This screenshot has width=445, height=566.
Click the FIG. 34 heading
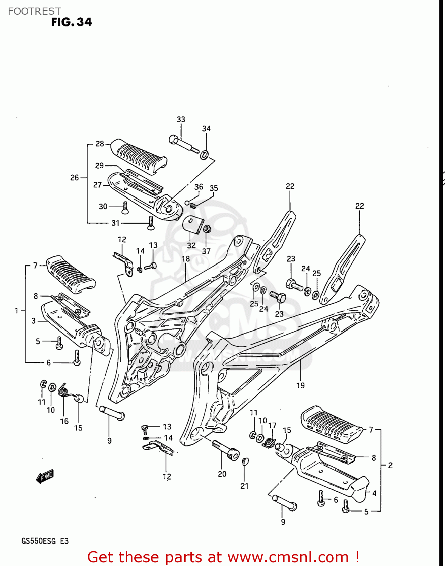(x=71, y=22)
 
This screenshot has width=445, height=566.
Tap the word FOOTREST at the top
(x=34, y=11)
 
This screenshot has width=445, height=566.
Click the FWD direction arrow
(x=45, y=476)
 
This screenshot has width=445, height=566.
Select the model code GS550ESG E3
(x=45, y=541)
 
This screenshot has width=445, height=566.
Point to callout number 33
(x=181, y=120)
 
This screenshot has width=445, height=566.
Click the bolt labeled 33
(x=183, y=145)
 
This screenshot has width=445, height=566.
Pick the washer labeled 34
(x=205, y=154)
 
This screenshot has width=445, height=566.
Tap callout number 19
(x=300, y=385)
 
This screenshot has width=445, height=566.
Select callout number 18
(x=185, y=259)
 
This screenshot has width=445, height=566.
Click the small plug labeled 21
(x=245, y=461)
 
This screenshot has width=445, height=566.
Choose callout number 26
(x=75, y=177)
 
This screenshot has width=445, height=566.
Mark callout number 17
(x=272, y=426)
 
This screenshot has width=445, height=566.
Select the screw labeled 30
(x=125, y=207)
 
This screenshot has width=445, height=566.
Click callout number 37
(x=206, y=251)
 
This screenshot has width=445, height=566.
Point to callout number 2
(x=390, y=466)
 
